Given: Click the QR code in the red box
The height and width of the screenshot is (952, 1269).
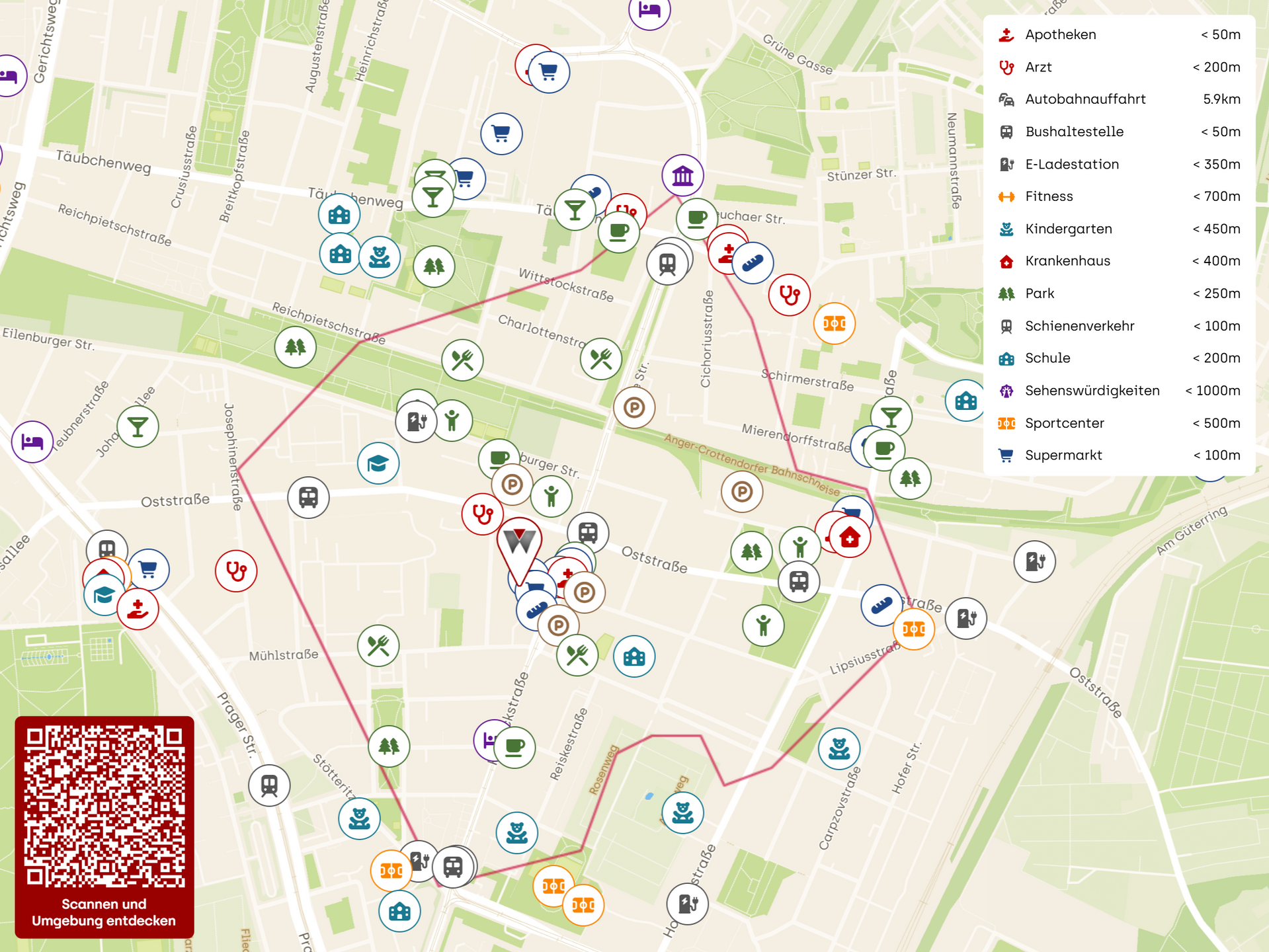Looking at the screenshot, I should pyautogui.click(x=104, y=806).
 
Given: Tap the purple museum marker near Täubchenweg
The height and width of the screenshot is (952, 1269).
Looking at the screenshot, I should pyautogui.click(x=682, y=176).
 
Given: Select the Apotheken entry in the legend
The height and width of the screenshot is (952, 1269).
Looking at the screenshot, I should pyautogui.click(x=1060, y=34).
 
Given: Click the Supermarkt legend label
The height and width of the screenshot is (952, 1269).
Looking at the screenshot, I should pyautogui.click(x=1063, y=456).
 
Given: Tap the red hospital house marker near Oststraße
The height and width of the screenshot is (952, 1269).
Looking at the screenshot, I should pyautogui.click(x=849, y=537).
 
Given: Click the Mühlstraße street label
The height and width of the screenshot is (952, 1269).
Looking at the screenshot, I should pyautogui.click(x=284, y=655).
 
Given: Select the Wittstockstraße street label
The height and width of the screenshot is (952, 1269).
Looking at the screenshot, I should pyautogui.click(x=565, y=285).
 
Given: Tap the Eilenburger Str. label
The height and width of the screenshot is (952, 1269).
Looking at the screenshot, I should pyautogui.click(x=48, y=339).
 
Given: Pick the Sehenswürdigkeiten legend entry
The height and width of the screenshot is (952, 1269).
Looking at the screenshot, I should pyautogui.click(x=1091, y=391).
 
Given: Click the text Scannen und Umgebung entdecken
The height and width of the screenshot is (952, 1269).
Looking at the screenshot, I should pyautogui.click(x=104, y=912).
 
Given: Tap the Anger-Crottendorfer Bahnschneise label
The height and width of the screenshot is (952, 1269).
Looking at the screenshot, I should pyautogui.click(x=751, y=465).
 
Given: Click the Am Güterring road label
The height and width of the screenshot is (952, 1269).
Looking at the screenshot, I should pyautogui.click(x=1192, y=530).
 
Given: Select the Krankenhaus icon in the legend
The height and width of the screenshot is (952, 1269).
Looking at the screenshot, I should pyautogui.click(x=1006, y=261).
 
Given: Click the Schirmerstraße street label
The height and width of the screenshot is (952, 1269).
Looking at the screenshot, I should pyautogui.click(x=807, y=380).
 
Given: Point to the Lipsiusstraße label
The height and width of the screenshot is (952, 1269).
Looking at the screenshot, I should pyautogui.click(x=864, y=658).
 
